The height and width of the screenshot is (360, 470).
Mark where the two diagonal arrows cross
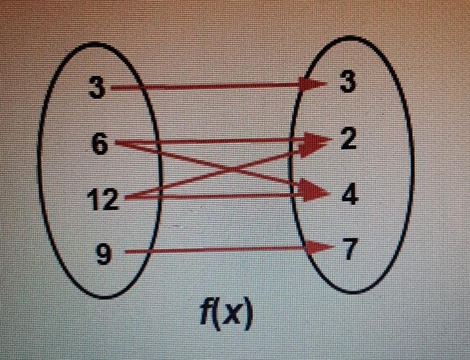[230, 171]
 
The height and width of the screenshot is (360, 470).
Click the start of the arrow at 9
[126, 251]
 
